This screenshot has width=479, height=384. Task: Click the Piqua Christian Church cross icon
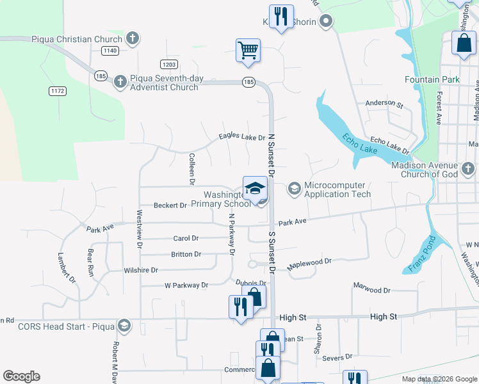133,39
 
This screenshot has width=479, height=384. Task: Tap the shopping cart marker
248,50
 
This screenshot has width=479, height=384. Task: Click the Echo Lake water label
359,143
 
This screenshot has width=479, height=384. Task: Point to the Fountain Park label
432,79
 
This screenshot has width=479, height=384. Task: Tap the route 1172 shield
58,92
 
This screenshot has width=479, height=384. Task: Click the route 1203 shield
169,64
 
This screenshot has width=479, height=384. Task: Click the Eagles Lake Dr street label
241,138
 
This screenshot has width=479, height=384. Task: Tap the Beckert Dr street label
170,205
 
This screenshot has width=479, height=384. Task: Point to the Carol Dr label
186,238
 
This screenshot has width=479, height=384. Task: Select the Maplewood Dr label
309,261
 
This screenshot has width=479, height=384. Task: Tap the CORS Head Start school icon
124,326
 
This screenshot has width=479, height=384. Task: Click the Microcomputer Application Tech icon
295,188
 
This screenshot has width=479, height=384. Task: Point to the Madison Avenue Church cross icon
468,169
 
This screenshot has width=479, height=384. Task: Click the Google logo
21,376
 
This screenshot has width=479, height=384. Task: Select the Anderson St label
384,104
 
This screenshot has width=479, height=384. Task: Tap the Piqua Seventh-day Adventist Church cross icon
120,82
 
